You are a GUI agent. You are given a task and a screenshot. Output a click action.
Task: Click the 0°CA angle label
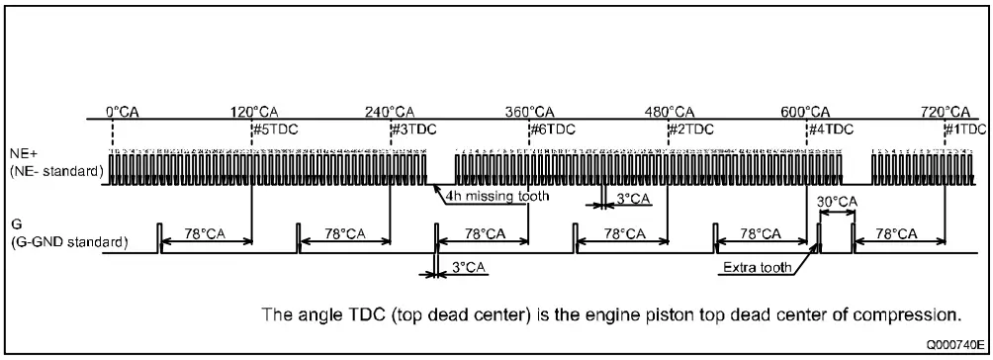coord(123,111)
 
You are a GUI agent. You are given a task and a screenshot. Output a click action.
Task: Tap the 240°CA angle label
coord(391,111)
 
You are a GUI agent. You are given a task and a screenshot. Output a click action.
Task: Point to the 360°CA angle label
coord(529,111)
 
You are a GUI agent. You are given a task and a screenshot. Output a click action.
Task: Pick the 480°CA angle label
coord(670,111)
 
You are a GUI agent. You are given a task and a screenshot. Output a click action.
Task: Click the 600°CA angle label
coord(805,111)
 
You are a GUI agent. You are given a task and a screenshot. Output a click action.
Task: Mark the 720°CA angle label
coord(945,111)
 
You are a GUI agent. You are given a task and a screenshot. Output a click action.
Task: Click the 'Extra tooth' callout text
coord(755,267)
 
